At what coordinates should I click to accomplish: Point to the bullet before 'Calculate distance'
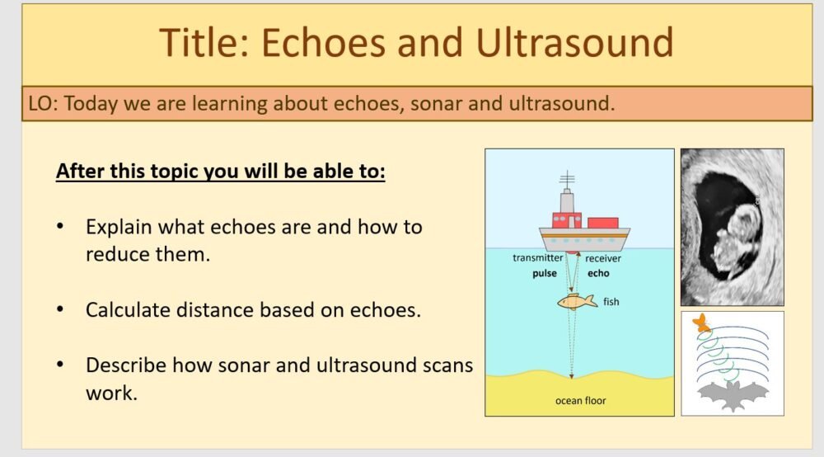click(60, 310)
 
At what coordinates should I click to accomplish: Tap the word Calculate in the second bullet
click(128, 310)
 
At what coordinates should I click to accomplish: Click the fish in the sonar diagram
click(578, 302)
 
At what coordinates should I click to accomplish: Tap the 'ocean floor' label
click(579, 401)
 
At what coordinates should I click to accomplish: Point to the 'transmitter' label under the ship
click(537, 258)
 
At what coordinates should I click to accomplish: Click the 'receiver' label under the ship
click(603, 258)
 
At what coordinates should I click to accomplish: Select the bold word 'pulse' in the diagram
click(545, 273)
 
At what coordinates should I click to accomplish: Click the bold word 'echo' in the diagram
click(597, 273)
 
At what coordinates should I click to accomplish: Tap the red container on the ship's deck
click(603, 222)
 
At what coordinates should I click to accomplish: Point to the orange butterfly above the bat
click(701, 323)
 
